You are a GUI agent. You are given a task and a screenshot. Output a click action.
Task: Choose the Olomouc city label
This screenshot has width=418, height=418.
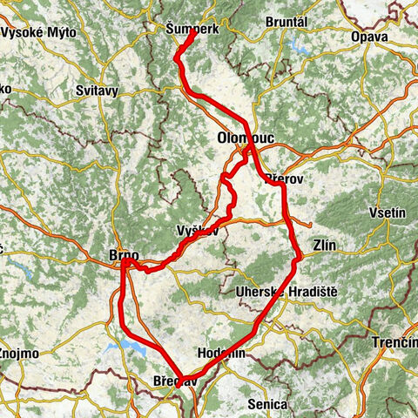pyautogui.click(x=242, y=138)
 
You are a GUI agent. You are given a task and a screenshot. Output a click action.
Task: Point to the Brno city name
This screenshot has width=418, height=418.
pyautogui.click(x=120, y=254)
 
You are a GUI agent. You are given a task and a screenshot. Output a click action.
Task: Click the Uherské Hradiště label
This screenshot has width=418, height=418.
pyautogui.click(x=286, y=293)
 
